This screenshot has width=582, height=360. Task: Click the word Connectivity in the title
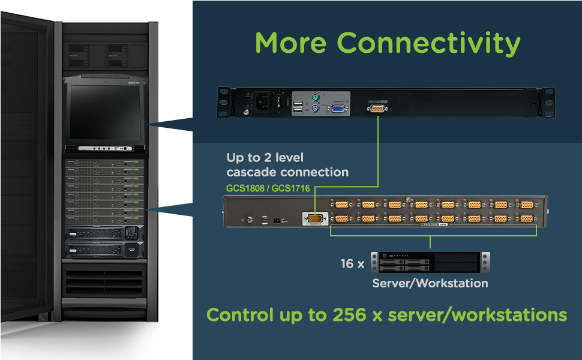click(x=428, y=43)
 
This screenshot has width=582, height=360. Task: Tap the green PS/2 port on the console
click(x=314, y=97)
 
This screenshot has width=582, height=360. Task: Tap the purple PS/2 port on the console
click(x=314, y=109)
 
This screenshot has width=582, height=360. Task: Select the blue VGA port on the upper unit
click(x=337, y=109)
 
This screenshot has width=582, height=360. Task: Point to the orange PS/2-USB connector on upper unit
click(x=377, y=108)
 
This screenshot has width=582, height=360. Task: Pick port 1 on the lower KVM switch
click(x=527, y=219)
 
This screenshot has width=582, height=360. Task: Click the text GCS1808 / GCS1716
click(x=268, y=188)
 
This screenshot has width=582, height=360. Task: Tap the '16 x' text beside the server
click(x=351, y=263)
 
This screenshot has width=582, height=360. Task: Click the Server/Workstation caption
click(x=430, y=283)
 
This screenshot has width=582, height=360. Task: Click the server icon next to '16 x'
click(x=430, y=262)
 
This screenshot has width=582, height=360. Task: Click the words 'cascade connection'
click(x=287, y=172)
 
